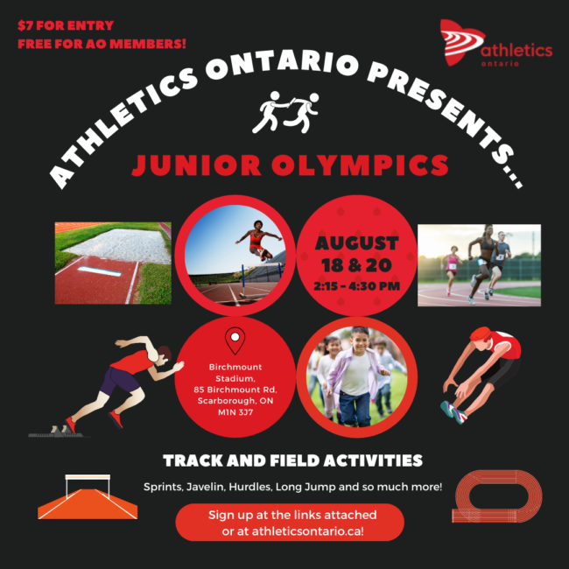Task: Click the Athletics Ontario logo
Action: click(495, 43)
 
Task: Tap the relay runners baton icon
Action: click(285, 112)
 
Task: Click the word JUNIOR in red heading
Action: click(196, 165)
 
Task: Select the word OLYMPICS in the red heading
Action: click(360, 165)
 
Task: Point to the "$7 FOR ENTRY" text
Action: click(66, 25)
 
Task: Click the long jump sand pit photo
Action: click(113, 263)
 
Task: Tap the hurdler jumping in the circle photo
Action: click(258, 240)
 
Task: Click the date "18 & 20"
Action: click(356, 265)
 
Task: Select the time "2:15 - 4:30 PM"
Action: click(356, 286)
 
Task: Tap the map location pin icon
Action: click(235, 340)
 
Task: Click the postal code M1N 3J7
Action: click(235, 412)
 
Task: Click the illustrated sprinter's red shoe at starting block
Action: click(71, 425)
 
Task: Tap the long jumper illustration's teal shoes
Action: click(453, 411)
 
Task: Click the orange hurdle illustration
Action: click(88, 496)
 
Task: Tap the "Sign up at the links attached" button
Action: click(290, 523)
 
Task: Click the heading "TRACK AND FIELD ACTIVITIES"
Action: click(293, 460)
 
